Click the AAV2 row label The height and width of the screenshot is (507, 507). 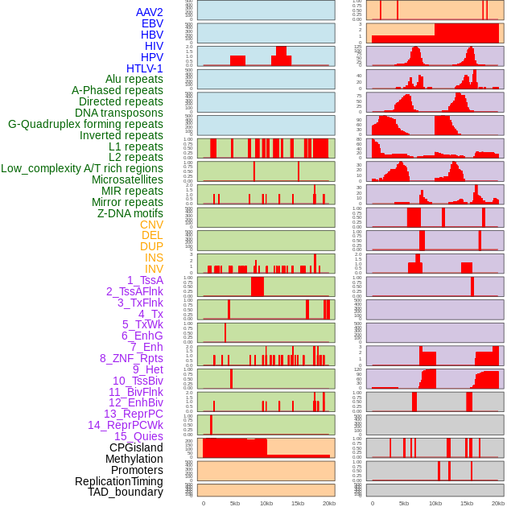150,12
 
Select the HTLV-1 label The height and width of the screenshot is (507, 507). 145,68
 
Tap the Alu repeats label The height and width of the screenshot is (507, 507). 134,79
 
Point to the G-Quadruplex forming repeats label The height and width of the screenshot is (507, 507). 85,124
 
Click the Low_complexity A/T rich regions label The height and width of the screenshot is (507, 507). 82,168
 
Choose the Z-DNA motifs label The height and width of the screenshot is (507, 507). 130,213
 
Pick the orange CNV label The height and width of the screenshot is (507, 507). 151,225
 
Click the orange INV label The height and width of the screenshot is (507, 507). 154,269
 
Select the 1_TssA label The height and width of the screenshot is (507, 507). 145,280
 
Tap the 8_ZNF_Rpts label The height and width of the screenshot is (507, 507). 131,358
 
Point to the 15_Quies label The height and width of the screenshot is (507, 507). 138,436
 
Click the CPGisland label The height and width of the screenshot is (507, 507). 136,447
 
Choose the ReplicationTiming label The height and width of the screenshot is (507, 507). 119,481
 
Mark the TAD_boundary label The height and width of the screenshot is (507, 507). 126,492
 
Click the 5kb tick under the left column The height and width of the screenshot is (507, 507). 235,503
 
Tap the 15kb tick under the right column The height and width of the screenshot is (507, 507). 467,503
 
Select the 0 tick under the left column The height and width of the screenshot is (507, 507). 203,503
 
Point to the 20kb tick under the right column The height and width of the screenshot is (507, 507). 498,503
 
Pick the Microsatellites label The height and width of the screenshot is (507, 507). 127,179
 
